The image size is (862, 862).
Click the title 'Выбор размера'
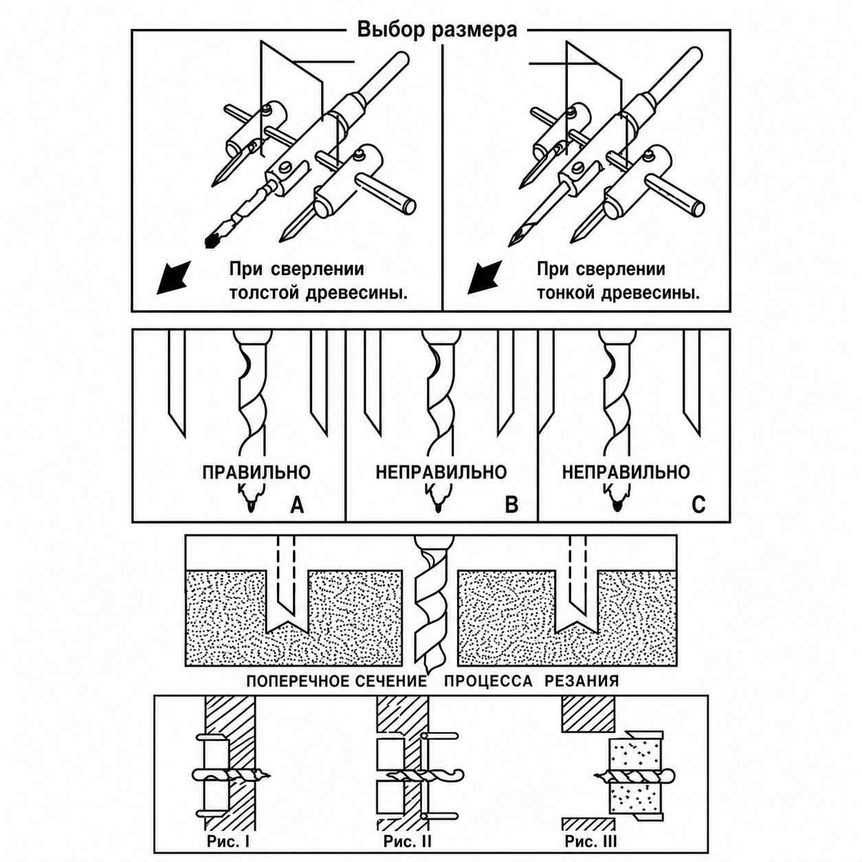pos(437,30)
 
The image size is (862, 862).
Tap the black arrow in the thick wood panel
pos(173,278)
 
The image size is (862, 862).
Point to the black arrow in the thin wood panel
pos(485,278)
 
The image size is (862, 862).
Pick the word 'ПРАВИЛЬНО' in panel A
pos(256,473)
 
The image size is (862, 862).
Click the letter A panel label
pos(297,505)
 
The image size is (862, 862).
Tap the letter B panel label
pos(511,505)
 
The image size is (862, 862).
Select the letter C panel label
pos(698,505)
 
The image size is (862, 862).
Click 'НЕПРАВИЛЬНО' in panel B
pos(441,473)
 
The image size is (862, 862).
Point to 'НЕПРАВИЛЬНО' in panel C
pos(626,473)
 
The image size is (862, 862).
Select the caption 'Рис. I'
pos(228,829)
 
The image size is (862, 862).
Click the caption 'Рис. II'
pos(407,829)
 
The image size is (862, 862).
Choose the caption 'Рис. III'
pos(590,829)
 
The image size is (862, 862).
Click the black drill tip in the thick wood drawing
pos(212,241)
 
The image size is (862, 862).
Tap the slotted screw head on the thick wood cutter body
pos(287,168)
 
